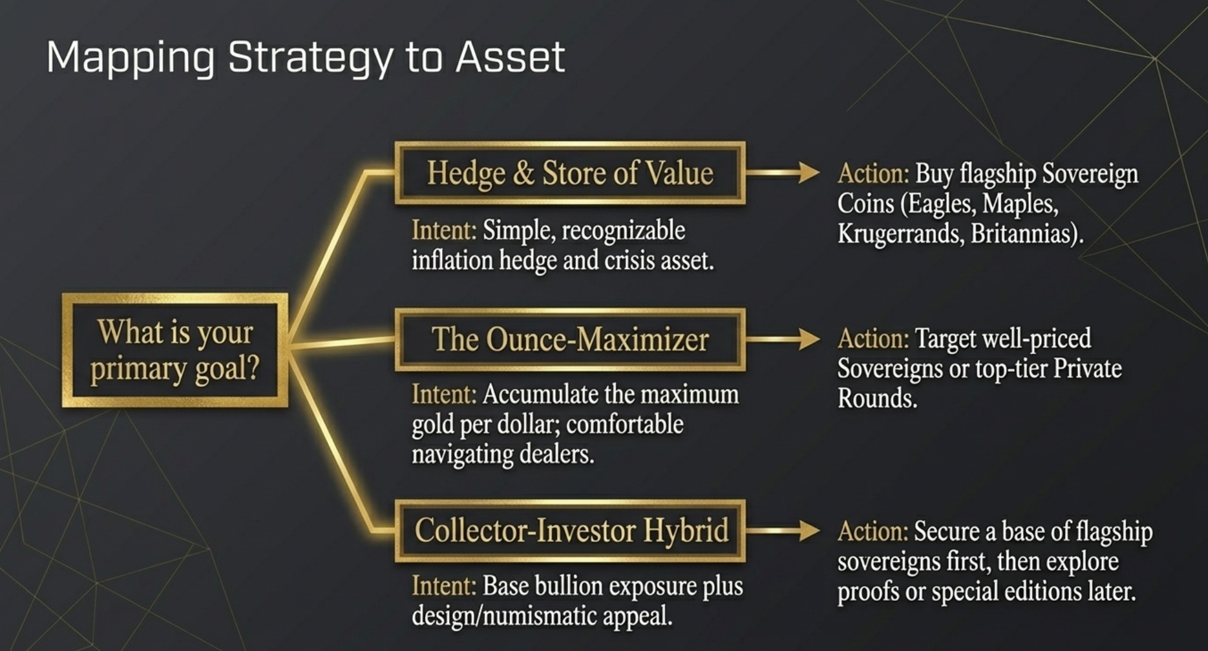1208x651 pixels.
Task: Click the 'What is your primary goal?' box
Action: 175,350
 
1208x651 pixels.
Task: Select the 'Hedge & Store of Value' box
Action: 570,173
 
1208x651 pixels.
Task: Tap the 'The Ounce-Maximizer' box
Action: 570,339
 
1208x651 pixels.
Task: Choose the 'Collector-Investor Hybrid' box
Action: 570,530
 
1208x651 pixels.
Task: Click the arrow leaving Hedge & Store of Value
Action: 783,172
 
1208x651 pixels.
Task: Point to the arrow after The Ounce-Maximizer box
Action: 783,339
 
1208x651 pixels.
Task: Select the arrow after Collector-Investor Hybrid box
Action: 783,530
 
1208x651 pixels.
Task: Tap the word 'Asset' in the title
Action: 510,57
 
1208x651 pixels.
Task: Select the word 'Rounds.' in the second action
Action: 877,399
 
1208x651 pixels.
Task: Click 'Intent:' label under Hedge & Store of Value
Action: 443,230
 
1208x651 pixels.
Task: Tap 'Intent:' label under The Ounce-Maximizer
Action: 443,395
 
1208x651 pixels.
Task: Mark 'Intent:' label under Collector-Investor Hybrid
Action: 443,586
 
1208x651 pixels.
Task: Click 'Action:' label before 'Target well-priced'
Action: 873,339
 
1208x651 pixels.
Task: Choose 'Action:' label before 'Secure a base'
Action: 873,532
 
